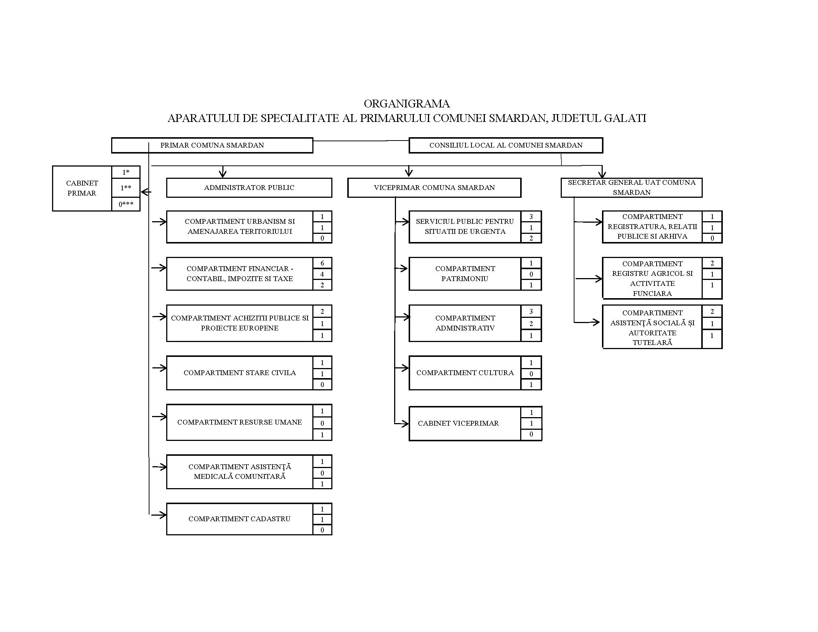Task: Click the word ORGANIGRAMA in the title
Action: coord(406,104)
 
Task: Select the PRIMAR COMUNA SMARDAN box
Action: coord(212,145)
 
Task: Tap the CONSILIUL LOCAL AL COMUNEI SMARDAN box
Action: coord(506,145)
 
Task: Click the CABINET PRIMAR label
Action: coord(82,188)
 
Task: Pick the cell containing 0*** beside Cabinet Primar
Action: coord(126,204)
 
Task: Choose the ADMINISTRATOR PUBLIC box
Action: coord(249,188)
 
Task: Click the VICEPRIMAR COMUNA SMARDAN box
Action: coord(434,188)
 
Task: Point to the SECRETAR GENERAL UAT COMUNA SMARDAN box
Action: coord(631,188)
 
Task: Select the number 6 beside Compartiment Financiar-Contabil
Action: coord(322,263)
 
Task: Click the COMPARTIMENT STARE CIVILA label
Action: coord(240,373)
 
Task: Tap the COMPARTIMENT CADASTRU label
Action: coord(239,519)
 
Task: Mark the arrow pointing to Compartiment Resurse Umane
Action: coord(160,417)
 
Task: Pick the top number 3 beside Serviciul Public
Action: coord(531,217)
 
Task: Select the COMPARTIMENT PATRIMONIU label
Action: coord(465,274)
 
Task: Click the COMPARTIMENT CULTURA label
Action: coord(465,373)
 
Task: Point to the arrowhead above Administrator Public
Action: coord(223,173)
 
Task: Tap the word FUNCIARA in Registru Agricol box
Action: coord(652,294)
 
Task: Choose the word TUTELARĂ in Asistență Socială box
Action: coord(652,343)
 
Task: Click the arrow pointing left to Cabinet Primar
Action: coord(146,193)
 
